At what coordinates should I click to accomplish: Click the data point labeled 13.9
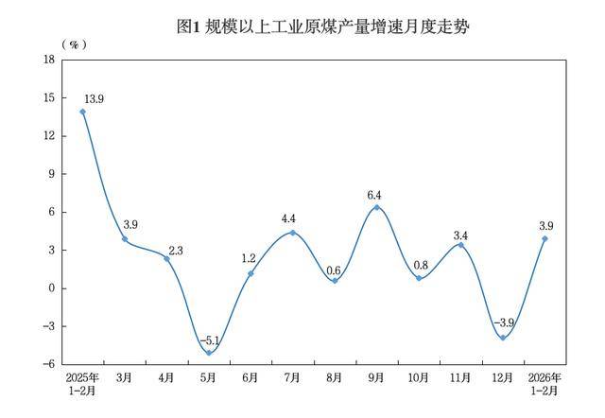pos(83,112)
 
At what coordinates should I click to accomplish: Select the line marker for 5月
pos(209,353)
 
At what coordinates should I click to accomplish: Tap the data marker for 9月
pos(376,207)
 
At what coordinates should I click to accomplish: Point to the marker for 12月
pos(502,338)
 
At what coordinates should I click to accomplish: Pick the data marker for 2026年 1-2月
pos(544,238)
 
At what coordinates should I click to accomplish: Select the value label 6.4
pos(376,194)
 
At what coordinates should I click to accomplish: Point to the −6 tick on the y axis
pos(47,364)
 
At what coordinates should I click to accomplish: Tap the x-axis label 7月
pos(292,378)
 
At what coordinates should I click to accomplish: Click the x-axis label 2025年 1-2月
pos(83,384)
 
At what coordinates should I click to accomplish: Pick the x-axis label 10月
pos(418,378)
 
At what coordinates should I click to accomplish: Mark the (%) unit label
pos(74,44)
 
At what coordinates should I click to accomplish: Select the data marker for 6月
pos(251,273)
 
